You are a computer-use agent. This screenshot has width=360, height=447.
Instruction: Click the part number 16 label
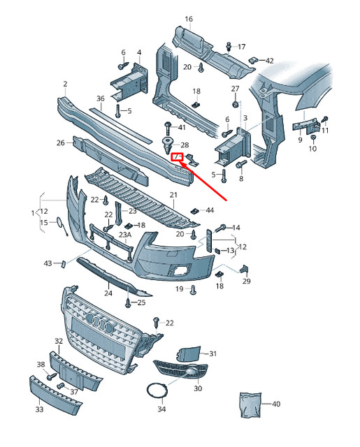(189, 19)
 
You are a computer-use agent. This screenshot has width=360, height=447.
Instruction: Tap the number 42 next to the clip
(270, 61)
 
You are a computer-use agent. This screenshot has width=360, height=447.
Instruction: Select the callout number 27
(235, 89)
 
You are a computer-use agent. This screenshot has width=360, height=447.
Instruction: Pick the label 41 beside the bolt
(182, 127)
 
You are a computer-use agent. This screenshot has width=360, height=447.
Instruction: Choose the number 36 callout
(101, 99)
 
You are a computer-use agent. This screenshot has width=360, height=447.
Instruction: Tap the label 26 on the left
(61, 143)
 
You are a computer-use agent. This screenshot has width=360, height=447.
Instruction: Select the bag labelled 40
(249, 404)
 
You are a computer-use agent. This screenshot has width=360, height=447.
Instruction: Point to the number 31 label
(213, 354)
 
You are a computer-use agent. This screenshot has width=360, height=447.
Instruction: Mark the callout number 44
(210, 210)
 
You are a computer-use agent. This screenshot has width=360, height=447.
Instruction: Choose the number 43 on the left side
(48, 263)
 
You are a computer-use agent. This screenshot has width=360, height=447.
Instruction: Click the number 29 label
(246, 281)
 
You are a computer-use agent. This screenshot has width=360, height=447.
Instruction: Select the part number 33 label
(39, 409)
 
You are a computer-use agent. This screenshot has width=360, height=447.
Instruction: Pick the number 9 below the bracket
(300, 139)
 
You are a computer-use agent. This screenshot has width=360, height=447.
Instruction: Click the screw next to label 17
(229, 47)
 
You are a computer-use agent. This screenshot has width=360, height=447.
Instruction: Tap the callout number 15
(43, 223)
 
